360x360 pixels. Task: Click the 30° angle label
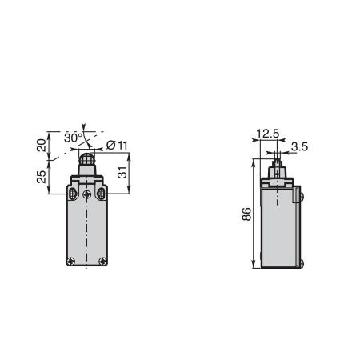tap(74, 138)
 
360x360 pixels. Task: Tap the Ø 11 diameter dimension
tap(117, 146)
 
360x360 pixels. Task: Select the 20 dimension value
tap(42, 146)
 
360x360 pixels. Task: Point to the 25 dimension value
tap(42, 177)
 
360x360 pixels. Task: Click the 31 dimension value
tap(122, 172)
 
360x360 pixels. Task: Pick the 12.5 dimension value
tap(267, 134)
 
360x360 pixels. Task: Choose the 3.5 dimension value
tap(299, 146)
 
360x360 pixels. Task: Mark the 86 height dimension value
tap(246, 214)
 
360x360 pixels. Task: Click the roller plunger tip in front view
tap(86, 159)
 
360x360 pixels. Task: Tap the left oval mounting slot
tap(72, 194)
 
